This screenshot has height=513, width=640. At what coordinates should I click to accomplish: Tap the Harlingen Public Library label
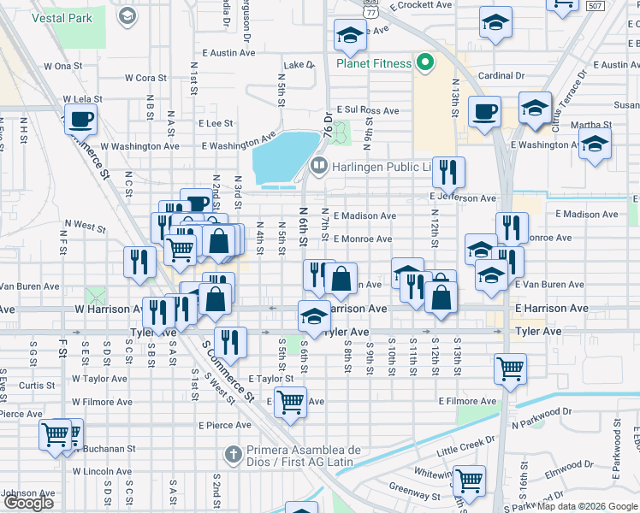click(x=376, y=166)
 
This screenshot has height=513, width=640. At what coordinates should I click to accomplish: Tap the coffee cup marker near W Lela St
click(x=80, y=119)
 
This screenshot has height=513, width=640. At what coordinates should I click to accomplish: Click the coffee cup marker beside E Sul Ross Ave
click(x=484, y=111)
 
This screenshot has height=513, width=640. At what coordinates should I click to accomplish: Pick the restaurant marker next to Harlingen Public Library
click(x=448, y=173)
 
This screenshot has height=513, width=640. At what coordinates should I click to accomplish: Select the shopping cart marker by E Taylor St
click(x=291, y=400)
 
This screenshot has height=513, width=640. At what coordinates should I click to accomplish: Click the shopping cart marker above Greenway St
click(x=469, y=481)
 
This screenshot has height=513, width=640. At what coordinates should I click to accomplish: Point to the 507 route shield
click(x=620, y=5)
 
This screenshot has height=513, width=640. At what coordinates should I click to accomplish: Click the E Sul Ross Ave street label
click(x=368, y=110)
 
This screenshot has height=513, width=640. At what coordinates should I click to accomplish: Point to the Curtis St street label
click(x=38, y=386)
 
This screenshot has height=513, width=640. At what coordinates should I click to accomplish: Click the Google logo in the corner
click(x=28, y=503)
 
